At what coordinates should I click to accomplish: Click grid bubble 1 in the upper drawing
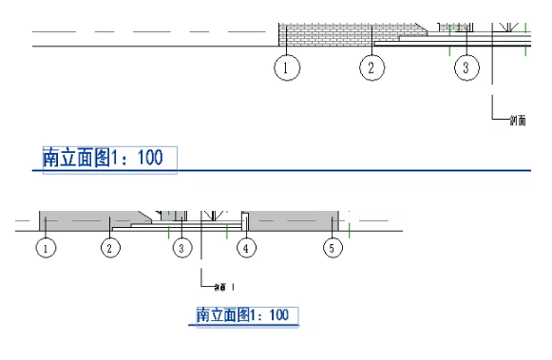[288, 67]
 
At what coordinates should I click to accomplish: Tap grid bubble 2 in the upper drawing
[371, 67]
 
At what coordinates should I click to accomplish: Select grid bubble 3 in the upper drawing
[466, 67]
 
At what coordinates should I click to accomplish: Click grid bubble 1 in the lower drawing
[45, 248]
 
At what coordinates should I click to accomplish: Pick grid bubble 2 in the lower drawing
[111, 248]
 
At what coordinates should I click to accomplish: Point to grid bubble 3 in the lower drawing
[181, 248]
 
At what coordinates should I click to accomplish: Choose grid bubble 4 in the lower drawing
[246, 248]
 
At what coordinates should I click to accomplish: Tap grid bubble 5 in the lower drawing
[331, 248]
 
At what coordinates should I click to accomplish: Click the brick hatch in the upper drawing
[323, 35]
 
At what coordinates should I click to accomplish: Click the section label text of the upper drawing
[517, 121]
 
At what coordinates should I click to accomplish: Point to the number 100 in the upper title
[151, 158]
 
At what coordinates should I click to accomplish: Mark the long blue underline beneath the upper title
[285, 170]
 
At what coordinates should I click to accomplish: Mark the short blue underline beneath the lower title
[247, 326]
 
